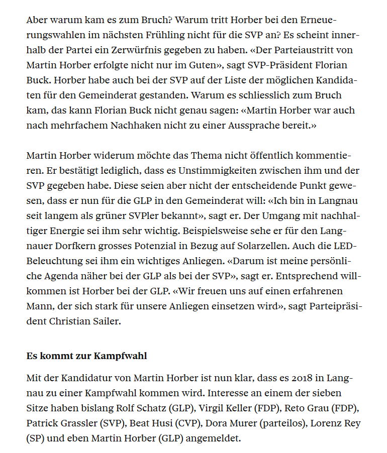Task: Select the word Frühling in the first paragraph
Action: (196, 36)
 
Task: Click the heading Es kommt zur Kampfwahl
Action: (86, 356)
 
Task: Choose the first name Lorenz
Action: (326, 423)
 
